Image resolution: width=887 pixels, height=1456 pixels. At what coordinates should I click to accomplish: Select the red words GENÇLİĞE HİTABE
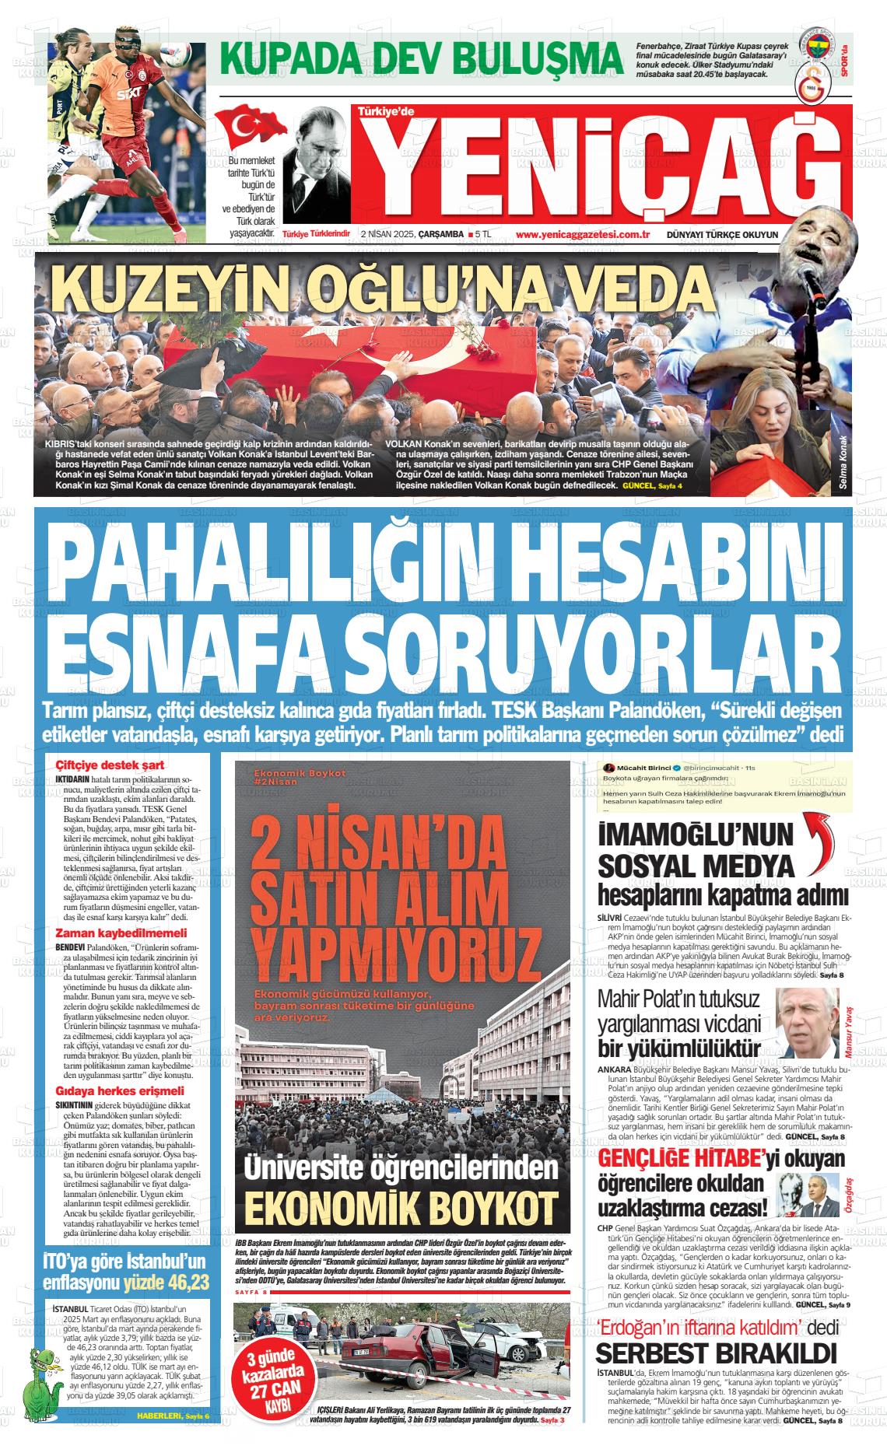pos(678,1159)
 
